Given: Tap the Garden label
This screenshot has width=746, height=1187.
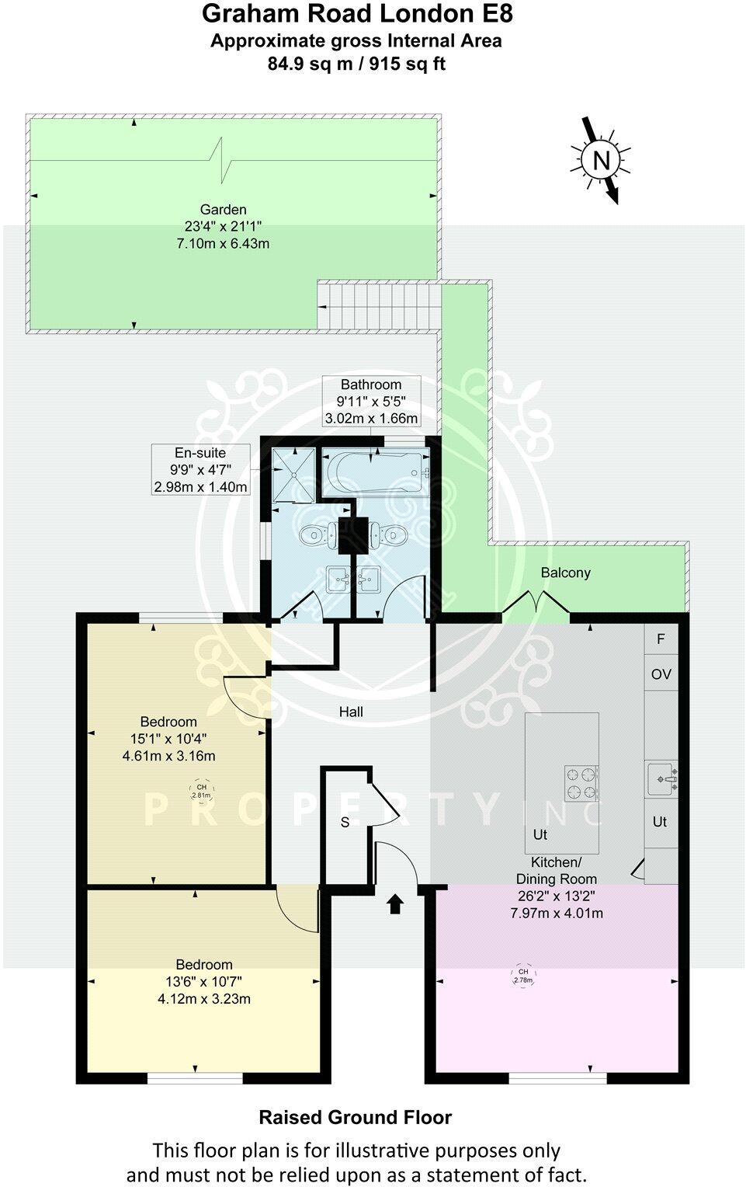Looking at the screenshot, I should coord(224,209).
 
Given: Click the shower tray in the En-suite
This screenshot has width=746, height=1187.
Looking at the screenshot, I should coord(294,474).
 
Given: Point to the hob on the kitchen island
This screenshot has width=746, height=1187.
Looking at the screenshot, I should coord(581,782).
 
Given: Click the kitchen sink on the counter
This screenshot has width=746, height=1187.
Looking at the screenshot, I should coord(661,777).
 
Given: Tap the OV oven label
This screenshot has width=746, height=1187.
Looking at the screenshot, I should coord(661,674).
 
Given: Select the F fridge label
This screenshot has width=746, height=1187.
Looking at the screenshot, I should coord(661,639).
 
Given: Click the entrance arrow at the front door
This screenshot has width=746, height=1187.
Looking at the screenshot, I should coord(395,903).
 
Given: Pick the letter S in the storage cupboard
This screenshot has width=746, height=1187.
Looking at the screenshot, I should coord(345,823).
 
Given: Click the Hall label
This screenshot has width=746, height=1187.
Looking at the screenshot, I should coord(351,712).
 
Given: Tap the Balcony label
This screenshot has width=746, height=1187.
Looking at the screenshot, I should coord(565,573).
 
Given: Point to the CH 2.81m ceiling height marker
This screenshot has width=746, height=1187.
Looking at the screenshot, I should coord(201,792).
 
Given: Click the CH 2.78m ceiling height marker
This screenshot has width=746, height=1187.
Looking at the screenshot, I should coord(523,976).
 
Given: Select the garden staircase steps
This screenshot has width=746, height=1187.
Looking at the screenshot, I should coord(379,305).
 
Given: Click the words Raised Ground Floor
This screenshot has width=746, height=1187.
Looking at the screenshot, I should coord(355,1117).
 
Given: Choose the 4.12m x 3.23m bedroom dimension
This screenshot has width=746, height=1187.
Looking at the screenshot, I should coord(203,999).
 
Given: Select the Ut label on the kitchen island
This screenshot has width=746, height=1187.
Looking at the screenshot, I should coord(540,834).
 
